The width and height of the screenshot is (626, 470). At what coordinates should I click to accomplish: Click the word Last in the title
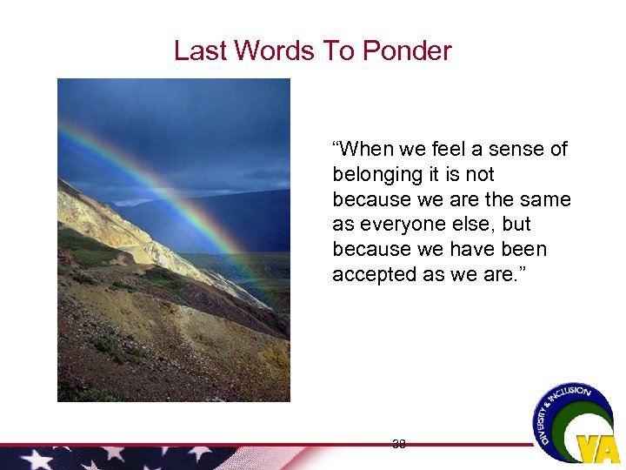198,50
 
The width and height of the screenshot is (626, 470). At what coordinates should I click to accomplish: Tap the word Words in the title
273,50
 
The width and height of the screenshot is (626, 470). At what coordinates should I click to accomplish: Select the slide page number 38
399,444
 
